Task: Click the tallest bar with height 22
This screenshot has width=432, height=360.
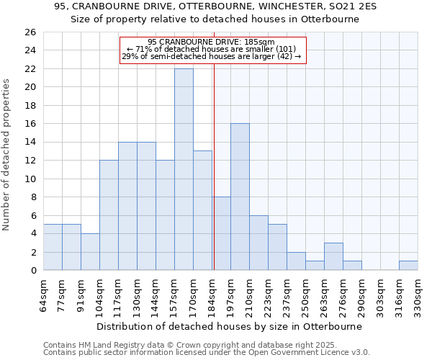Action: tap(184, 169)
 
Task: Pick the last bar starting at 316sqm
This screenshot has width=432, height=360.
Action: tap(408, 265)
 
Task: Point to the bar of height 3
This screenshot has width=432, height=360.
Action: tap(333, 256)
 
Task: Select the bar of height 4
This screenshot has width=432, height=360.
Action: tap(90, 251)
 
